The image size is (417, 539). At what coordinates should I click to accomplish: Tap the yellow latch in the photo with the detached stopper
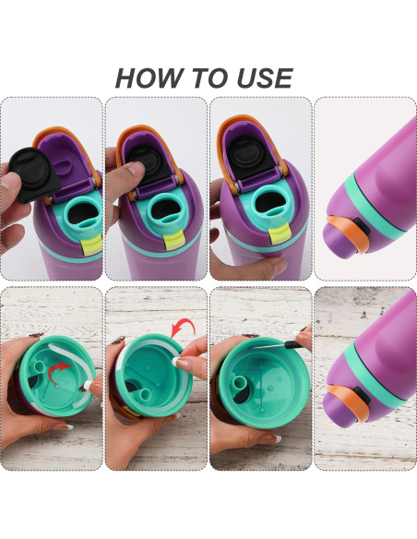(91, 245)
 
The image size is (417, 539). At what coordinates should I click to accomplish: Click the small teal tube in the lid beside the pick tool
(240, 385)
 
